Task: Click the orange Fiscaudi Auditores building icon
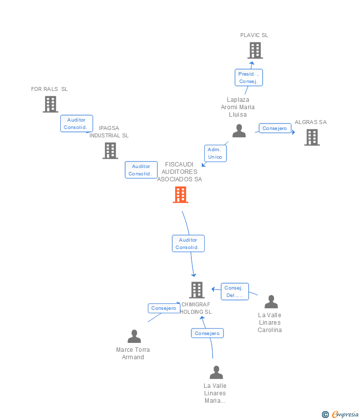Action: pyautogui.click(x=180, y=195)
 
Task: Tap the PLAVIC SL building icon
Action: pyautogui.click(x=255, y=50)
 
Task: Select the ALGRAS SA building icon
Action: pyautogui.click(x=312, y=137)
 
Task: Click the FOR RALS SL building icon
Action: pyautogui.click(x=50, y=104)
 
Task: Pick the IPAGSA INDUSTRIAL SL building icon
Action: pyautogui.click(x=110, y=151)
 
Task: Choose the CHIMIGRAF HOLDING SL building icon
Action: pyautogui.click(x=197, y=290)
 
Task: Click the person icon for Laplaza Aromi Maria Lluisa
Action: pyautogui.click(x=239, y=131)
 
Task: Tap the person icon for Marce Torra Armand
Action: pyautogui.click(x=134, y=336)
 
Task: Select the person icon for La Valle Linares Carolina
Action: pyautogui.click(x=271, y=302)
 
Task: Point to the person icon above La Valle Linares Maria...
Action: pyautogui.click(x=216, y=373)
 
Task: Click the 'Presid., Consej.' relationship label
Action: pyautogui.click(x=248, y=78)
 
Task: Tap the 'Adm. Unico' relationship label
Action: pyautogui.click(x=215, y=153)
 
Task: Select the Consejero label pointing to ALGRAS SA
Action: pyautogui.click(x=275, y=128)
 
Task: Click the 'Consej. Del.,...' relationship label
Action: pyautogui.click(x=234, y=292)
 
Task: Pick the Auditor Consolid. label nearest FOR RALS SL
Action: pyautogui.click(x=76, y=124)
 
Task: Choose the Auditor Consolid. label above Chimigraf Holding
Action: pyautogui.click(x=188, y=244)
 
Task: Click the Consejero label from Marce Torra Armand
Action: pyautogui.click(x=164, y=308)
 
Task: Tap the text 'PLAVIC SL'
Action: pyautogui.click(x=254, y=36)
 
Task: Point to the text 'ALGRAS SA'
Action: pyautogui.click(x=311, y=122)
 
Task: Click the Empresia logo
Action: pyautogui.click(x=341, y=414)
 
